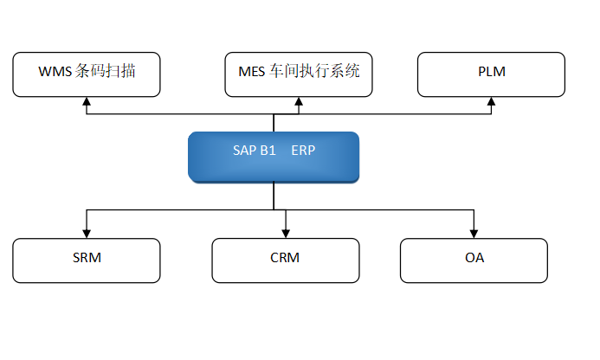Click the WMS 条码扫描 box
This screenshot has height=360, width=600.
click(x=87, y=74)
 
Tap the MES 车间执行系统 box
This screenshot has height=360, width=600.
click(x=299, y=74)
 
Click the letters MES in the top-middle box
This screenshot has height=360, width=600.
click(x=252, y=72)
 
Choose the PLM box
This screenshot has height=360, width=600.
click(x=491, y=74)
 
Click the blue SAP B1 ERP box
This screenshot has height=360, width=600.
click(x=274, y=157)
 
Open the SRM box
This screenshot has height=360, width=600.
click(x=87, y=260)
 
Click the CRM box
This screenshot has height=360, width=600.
click(x=285, y=260)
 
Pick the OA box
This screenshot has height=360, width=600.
click(x=474, y=260)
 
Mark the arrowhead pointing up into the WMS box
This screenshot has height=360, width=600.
click(x=87, y=101)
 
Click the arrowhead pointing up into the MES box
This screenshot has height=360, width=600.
click(x=299, y=101)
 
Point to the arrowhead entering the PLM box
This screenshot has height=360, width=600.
click(x=491, y=101)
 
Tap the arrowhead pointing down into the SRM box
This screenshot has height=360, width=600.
click(x=87, y=232)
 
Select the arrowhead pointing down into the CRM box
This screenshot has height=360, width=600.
click(x=285, y=232)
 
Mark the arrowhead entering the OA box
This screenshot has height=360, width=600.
click(x=474, y=232)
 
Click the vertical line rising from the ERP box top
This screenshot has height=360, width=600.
click(x=274, y=123)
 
